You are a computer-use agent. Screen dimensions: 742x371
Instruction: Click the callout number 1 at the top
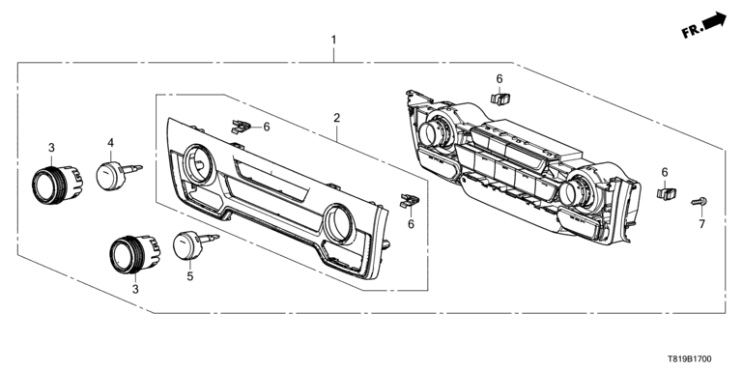[x=333, y=40]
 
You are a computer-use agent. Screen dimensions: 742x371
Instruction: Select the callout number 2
[x=336, y=118]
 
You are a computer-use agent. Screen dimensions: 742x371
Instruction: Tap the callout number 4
[x=111, y=142]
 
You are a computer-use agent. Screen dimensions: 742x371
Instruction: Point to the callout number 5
[x=189, y=276]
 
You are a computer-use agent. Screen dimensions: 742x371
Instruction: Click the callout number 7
[x=701, y=224]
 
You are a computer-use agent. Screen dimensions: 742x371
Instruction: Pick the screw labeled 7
[x=699, y=202]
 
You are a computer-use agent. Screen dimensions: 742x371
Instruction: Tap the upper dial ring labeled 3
[x=57, y=185]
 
